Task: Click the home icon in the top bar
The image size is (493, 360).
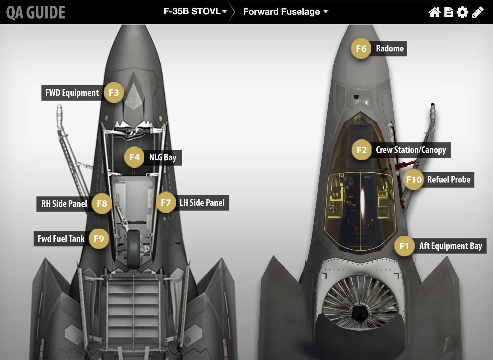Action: coord(434,12)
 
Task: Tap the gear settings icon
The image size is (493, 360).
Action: coord(462,12)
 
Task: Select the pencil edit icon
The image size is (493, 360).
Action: coord(478,12)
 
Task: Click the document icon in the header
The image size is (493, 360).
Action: coord(449,12)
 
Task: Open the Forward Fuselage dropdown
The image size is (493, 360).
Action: coord(285,12)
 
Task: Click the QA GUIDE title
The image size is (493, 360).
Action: coord(36,12)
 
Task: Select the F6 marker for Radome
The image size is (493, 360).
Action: coord(361,49)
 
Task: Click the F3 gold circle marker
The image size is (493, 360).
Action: coord(114,93)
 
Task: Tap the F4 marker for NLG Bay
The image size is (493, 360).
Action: coord(134,157)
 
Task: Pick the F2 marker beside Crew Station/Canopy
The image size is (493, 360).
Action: coord(362,150)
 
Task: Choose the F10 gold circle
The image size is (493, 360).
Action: coord(414,180)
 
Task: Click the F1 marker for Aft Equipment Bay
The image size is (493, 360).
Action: coord(404,246)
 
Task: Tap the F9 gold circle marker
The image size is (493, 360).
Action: coord(99,239)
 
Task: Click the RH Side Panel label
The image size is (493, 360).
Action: coord(64,204)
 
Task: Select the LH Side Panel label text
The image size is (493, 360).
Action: coord(202,203)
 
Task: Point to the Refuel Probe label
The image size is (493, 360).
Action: coord(449,180)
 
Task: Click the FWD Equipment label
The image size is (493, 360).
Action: coord(72,93)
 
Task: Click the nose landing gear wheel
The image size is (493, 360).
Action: coord(134,249)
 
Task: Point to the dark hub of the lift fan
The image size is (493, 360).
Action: coord(360,313)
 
